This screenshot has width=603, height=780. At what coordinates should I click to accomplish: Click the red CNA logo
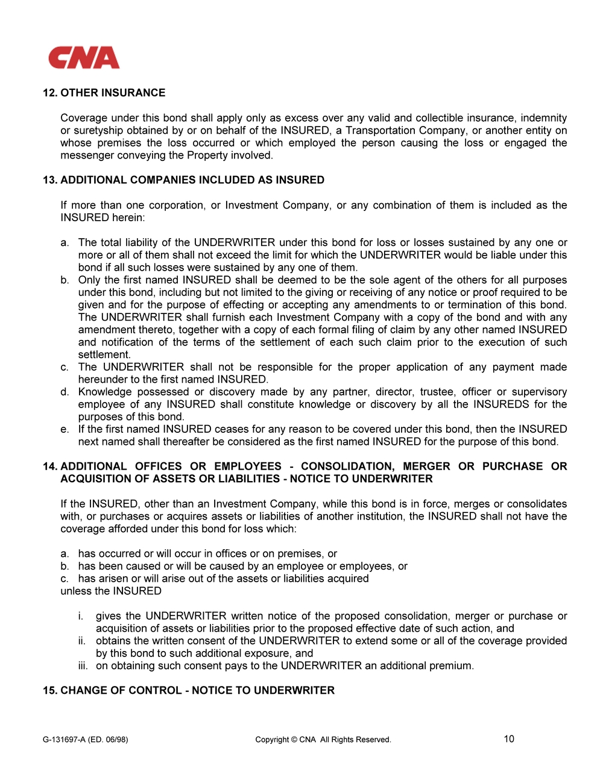(84, 58)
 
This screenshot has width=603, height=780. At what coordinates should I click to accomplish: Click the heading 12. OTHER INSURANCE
(104, 93)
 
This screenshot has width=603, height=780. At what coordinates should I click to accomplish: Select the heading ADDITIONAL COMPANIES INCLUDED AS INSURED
(192, 180)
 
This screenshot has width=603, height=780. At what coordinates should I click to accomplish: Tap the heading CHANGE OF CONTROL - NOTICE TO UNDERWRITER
(197, 690)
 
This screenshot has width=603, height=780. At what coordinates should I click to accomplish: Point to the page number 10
(509, 739)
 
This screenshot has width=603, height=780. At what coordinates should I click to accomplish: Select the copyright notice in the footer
(323, 740)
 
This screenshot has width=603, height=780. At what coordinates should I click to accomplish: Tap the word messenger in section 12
(84, 156)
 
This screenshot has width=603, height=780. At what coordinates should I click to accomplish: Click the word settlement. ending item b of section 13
(104, 354)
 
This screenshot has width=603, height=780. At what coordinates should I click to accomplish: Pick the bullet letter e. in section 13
(65, 429)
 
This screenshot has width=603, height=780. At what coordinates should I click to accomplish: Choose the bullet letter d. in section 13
(65, 392)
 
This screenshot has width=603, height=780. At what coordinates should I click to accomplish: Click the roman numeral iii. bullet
(83, 665)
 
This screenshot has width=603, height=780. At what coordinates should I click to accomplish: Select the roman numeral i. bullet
(80, 616)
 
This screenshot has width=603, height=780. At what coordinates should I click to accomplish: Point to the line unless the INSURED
(111, 591)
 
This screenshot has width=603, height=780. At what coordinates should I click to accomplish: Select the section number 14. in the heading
(50, 466)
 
